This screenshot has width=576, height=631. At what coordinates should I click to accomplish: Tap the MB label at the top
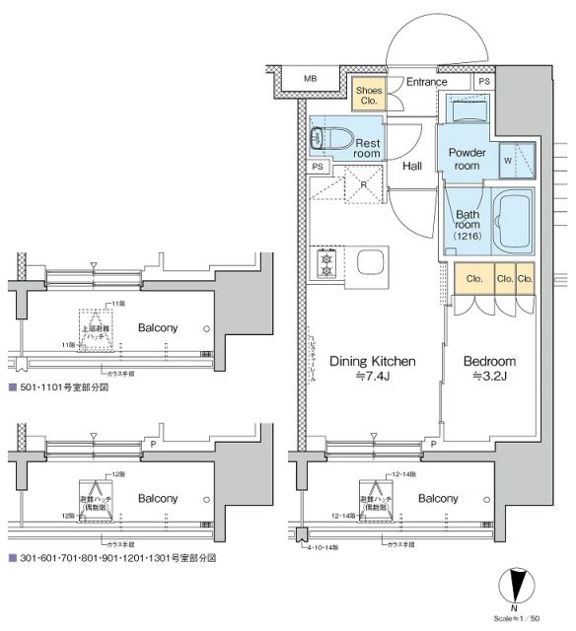310,79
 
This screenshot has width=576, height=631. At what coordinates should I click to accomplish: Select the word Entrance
427,82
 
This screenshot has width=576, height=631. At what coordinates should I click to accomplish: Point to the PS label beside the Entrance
483,82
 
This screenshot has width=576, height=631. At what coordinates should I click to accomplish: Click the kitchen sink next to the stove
373,263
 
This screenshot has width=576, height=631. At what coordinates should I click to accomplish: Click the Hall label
412,166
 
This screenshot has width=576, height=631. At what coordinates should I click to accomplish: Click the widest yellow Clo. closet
473,279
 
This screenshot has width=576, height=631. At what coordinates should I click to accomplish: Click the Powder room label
467,159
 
